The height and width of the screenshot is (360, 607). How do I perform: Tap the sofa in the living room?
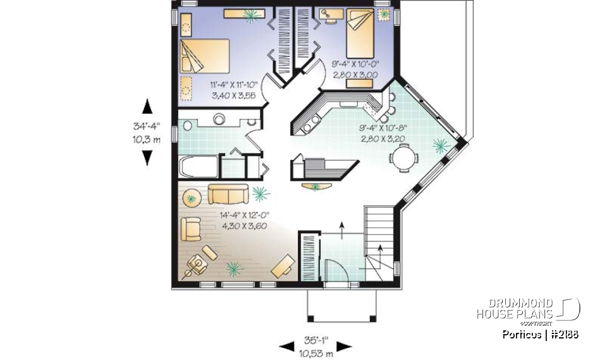[228, 193]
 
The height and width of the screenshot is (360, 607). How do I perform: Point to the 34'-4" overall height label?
[147, 127]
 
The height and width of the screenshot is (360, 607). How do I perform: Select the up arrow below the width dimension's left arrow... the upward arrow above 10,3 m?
[147, 105]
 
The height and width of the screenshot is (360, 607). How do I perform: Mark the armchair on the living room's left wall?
[192, 228]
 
